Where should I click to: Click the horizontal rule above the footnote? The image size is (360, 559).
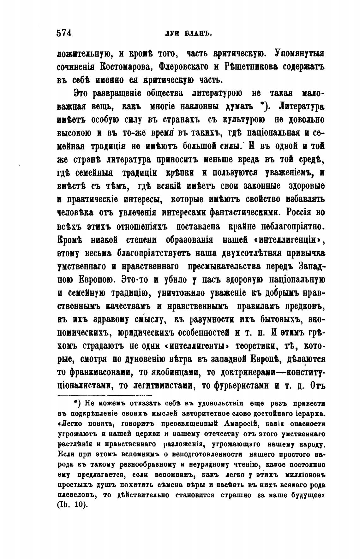pos(105,395)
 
